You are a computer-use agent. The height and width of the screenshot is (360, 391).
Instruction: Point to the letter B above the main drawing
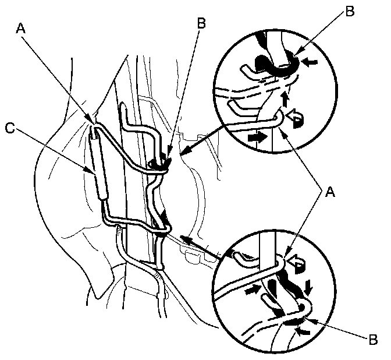click(x=201, y=24)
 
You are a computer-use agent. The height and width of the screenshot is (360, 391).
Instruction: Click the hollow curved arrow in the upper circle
click(x=295, y=120)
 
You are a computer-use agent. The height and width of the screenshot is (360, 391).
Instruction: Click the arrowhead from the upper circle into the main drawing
click(x=184, y=154)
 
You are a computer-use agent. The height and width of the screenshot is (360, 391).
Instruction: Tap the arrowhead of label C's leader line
click(x=93, y=173)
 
